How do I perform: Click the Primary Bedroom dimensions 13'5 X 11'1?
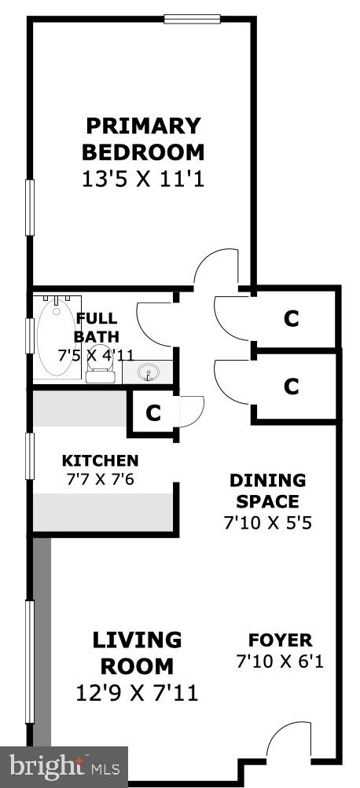143,179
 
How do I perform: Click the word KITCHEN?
100,460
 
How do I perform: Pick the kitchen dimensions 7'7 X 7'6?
100,479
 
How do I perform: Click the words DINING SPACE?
267,490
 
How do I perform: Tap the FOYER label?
281,640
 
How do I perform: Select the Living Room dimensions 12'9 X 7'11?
137,694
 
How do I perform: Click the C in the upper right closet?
291,319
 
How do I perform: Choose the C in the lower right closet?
291,387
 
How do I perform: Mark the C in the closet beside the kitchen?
152,413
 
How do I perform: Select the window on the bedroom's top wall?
192,19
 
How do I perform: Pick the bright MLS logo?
64,767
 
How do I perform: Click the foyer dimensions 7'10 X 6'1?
280,662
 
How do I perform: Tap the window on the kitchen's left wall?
30,456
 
